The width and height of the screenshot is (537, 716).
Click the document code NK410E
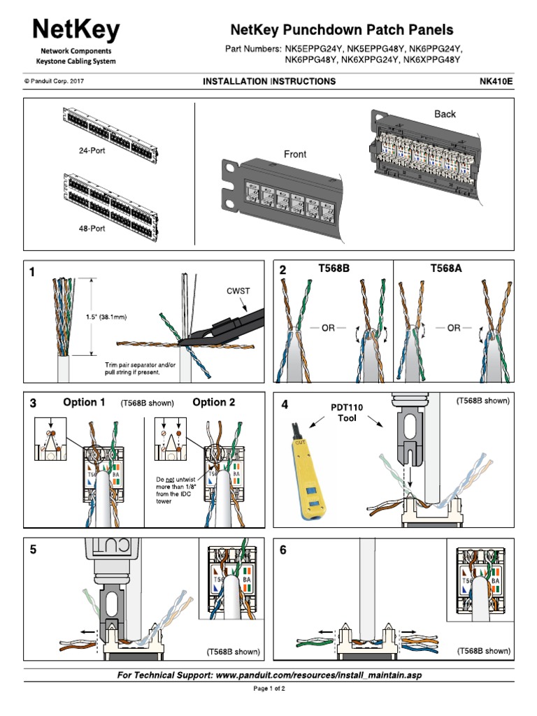[494, 82]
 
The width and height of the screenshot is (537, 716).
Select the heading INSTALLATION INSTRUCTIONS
[269, 82]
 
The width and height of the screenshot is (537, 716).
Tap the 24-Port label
[92, 150]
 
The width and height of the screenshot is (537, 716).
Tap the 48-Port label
[92, 229]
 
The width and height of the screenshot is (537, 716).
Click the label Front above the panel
[295, 155]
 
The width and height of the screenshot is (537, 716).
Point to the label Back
[445, 114]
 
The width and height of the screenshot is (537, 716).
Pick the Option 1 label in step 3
[85, 402]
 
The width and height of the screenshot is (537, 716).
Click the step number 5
[33, 550]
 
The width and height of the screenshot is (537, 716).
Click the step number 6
[284, 550]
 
